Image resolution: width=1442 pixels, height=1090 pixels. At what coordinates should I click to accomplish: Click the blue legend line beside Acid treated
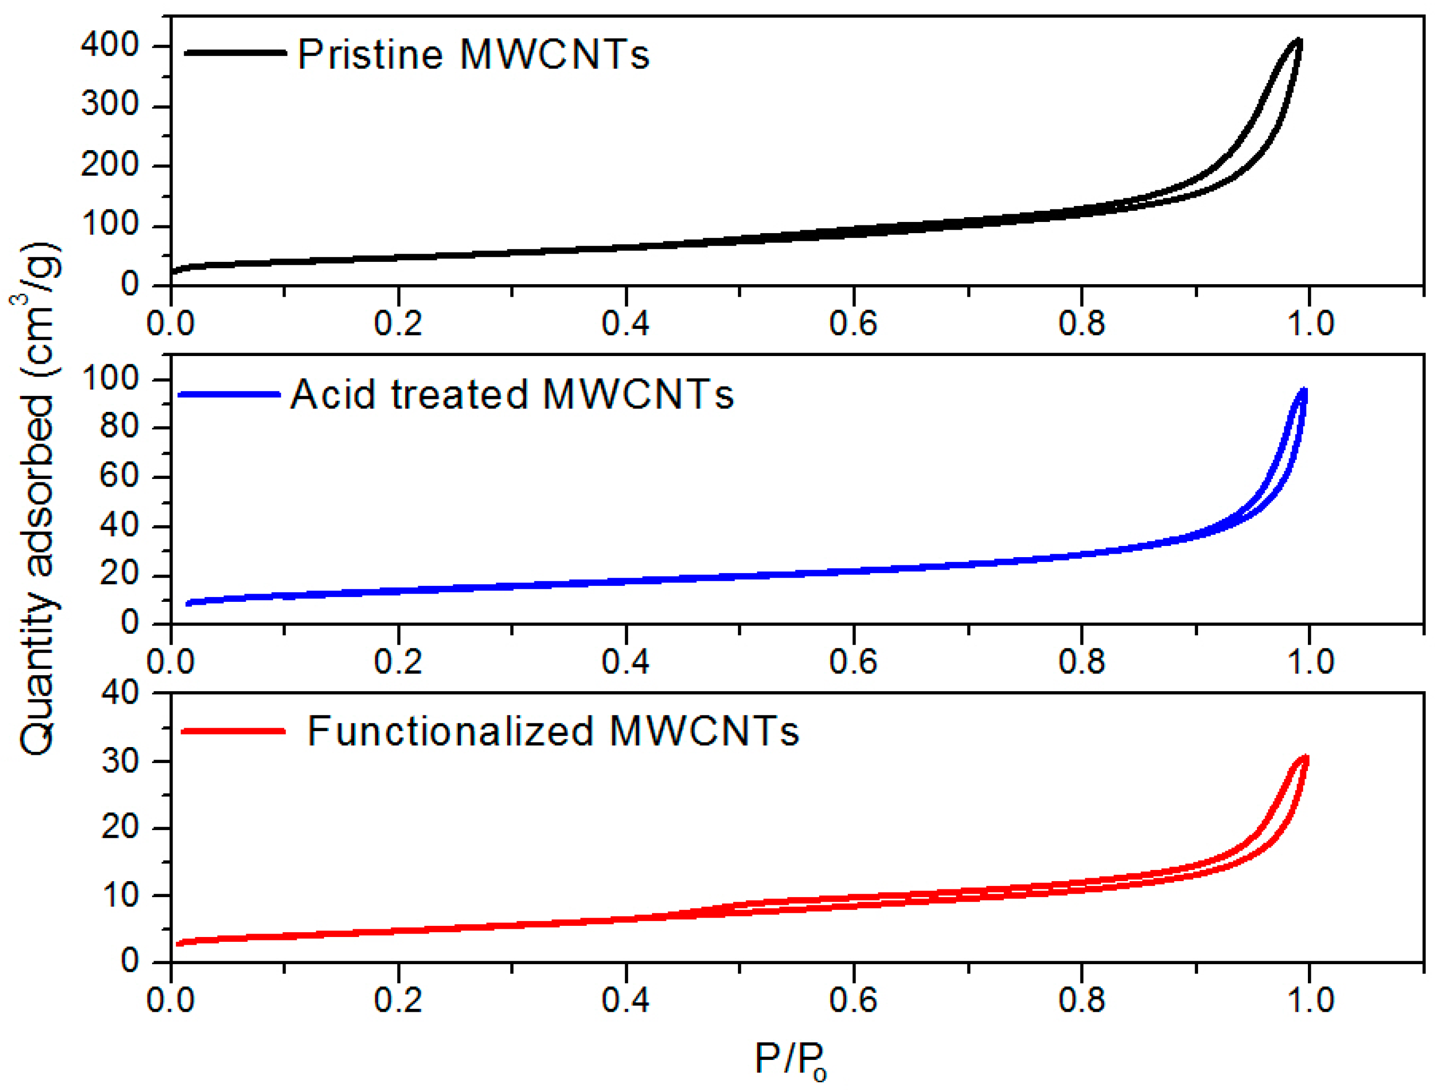(229, 394)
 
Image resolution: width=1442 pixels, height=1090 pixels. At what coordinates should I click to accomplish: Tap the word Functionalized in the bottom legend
(450, 732)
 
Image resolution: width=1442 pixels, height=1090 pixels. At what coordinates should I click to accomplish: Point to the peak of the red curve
(1305, 759)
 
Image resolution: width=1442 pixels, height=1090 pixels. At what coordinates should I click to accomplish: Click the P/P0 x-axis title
(790, 1059)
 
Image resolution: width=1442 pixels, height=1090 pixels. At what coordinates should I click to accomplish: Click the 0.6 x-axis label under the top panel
(853, 324)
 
